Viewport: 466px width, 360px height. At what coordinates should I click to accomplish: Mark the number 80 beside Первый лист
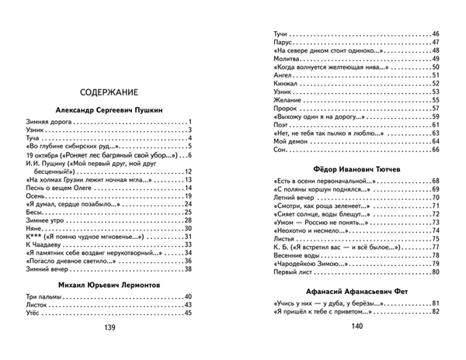(435, 273)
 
